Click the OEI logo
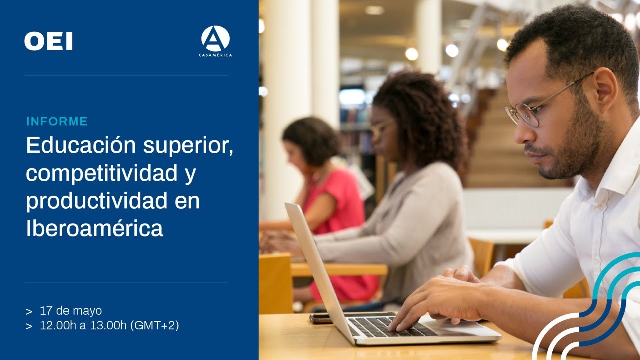48,41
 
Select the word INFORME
57,121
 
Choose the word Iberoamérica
94,228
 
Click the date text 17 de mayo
71,311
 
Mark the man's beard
575,150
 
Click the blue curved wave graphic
590,310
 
